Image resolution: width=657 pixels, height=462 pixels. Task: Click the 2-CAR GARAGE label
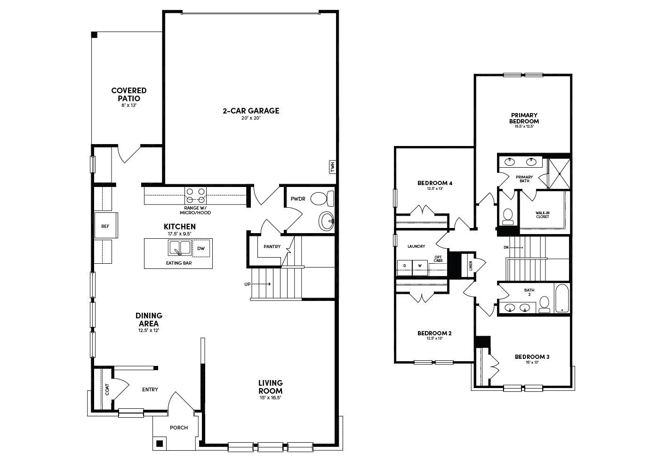point(251,111)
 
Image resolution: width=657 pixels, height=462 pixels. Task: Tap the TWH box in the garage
point(332,167)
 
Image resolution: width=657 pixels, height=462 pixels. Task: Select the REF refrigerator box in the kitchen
point(105,226)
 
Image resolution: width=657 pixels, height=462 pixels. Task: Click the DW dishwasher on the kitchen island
point(201,248)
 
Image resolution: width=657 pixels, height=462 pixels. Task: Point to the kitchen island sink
point(179,247)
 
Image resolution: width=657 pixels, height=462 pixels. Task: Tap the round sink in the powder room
point(326,220)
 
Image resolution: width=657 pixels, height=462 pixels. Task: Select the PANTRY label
point(272,247)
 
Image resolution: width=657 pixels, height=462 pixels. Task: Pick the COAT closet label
point(107,389)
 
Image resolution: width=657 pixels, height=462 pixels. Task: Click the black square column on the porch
point(160,443)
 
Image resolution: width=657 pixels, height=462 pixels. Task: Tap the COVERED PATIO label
point(128,94)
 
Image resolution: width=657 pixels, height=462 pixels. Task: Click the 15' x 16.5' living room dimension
point(270,398)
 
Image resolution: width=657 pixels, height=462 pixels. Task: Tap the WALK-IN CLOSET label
point(542,215)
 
